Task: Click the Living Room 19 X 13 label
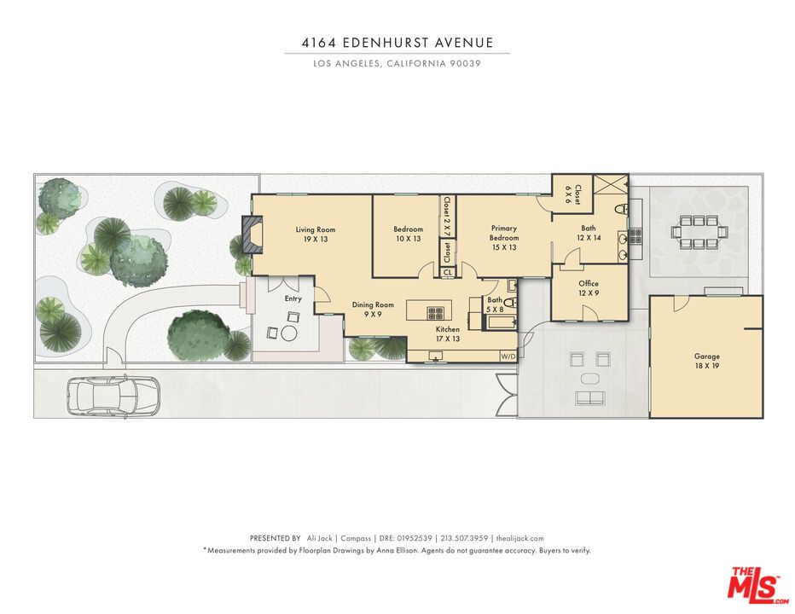(x=315, y=235)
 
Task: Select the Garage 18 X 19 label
(x=706, y=362)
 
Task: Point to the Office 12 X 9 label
(x=589, y=288)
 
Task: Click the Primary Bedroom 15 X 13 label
(x=504, y=238)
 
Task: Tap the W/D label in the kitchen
(x=508, y=356)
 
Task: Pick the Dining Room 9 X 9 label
(x=373, y=310)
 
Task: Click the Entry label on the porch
(x=293, y=298)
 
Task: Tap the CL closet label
(x=448, y=273)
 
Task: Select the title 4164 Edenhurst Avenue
(x=397, y=42)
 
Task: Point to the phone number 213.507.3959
(x=467, y=538)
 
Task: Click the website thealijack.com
(x=519, y=538)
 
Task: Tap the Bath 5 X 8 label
(x=496, y=304)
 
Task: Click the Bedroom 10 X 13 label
(x=408, y=235)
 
